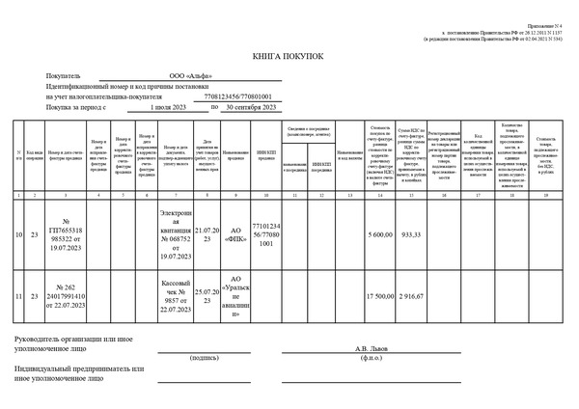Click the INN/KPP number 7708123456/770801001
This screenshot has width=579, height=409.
click(237, 96)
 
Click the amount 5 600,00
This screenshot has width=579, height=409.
click(382, 234)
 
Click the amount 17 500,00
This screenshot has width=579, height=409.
click(381, 295)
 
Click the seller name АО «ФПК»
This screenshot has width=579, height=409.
click(236, 234)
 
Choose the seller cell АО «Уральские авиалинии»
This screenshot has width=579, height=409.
click(236, 295)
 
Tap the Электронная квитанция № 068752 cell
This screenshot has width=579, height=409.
click(177, 234)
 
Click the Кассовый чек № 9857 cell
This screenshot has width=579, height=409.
click(177, 295)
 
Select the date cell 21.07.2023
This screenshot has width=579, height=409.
click(207, 234)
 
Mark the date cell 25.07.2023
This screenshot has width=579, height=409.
click(207, 295)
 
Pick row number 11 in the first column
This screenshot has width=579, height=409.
click(19, 295)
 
